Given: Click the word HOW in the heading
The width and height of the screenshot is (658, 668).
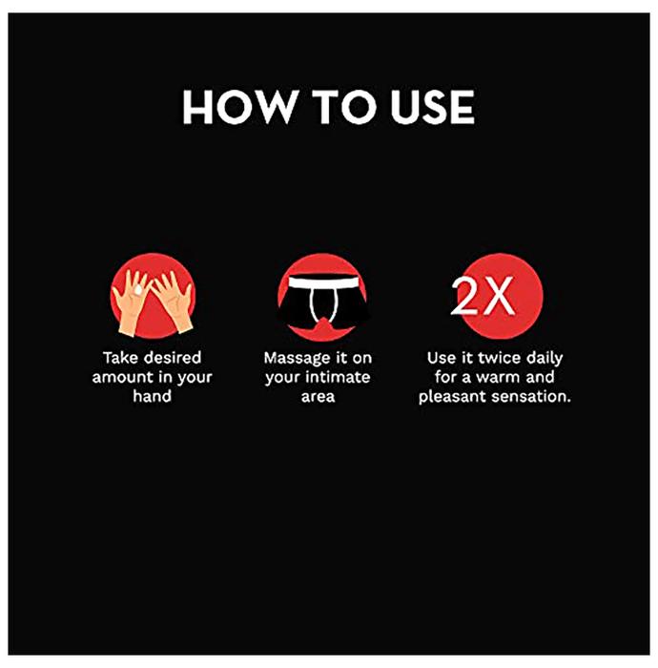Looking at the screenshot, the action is point(240,107).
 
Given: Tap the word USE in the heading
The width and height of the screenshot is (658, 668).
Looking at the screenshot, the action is point(432,107).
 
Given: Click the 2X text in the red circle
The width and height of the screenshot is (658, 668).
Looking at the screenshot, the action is point(483,297).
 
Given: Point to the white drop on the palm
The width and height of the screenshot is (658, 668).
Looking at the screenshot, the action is point(138,290).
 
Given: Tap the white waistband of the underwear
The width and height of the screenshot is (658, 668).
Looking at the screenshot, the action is point(321,282).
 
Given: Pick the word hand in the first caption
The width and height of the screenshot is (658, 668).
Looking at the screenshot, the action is point(152,396).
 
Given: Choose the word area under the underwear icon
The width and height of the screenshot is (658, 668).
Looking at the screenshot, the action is point(318,397).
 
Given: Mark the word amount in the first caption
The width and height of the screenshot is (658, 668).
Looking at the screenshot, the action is point(120,378).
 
